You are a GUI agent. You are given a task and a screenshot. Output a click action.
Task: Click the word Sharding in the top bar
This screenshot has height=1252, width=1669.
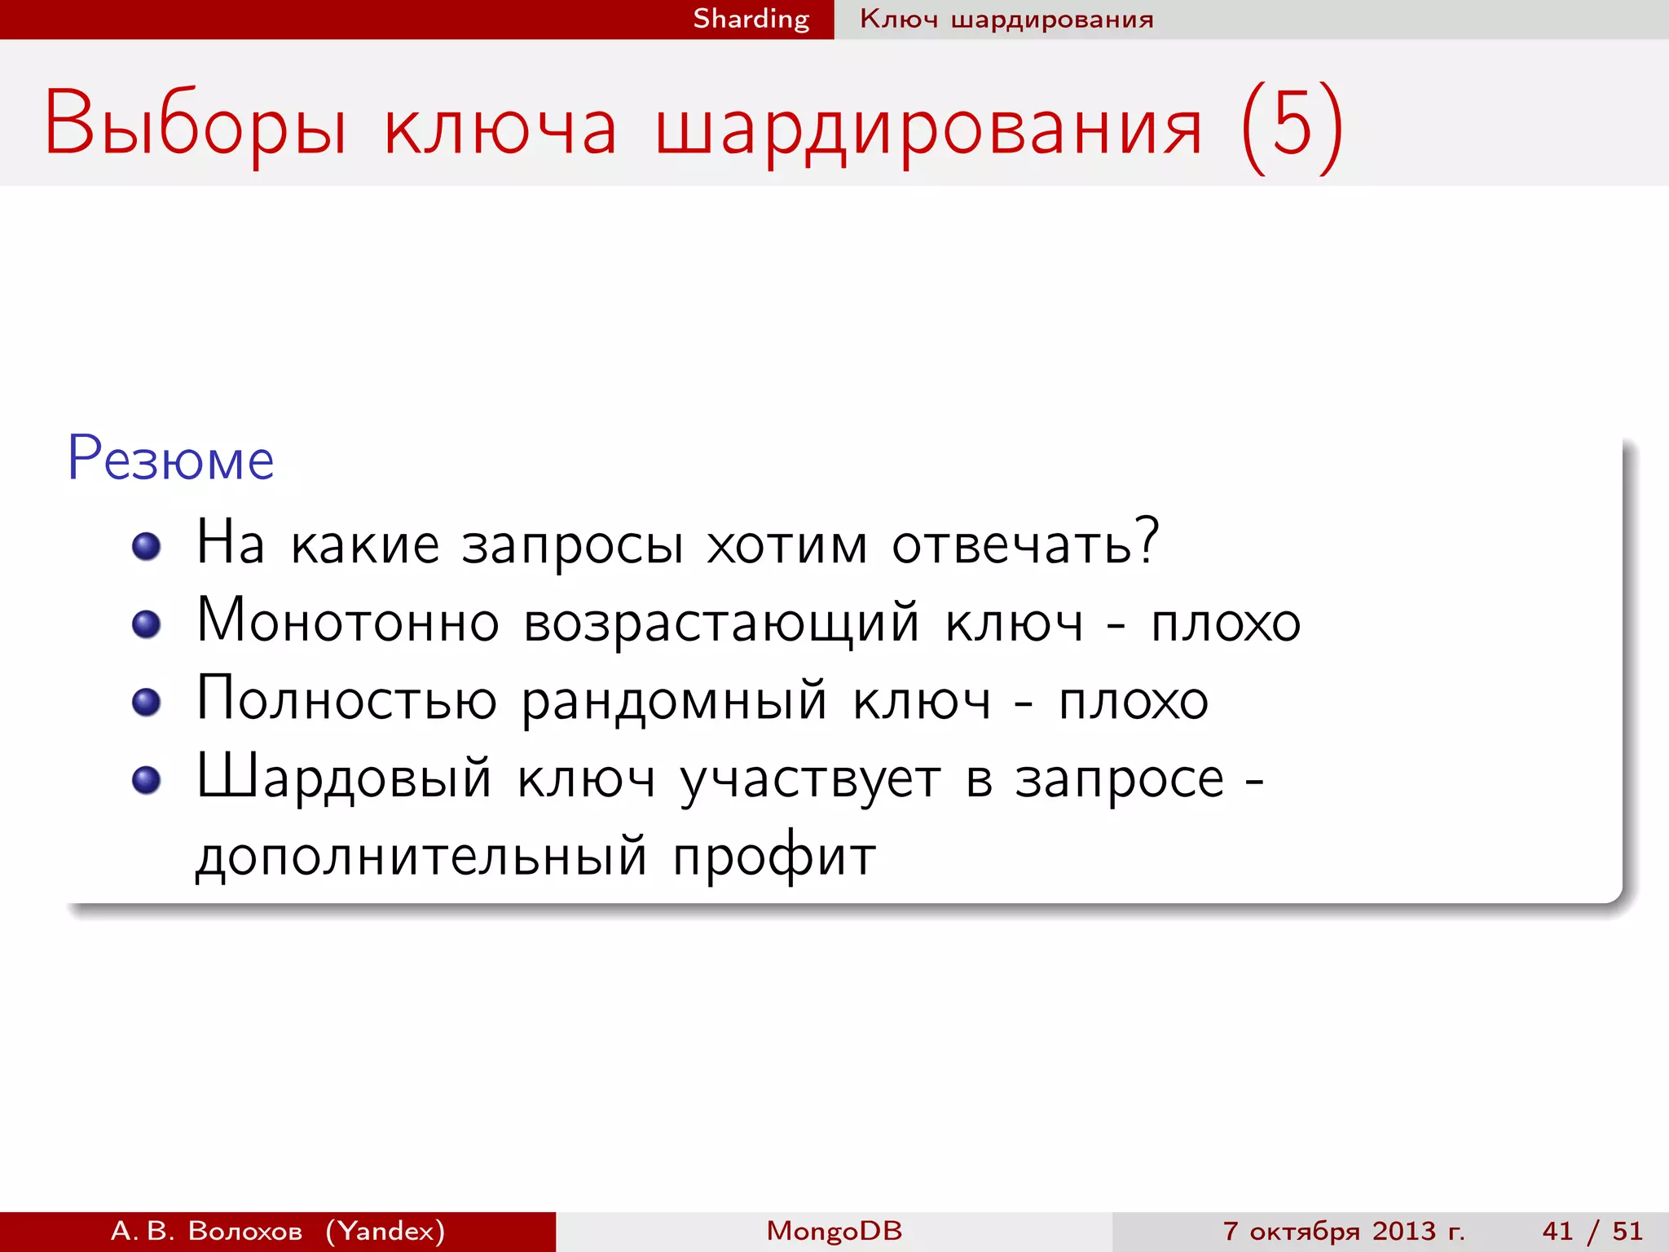pos(751,19)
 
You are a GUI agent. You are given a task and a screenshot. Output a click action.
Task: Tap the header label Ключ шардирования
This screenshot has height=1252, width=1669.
pos(1006,19)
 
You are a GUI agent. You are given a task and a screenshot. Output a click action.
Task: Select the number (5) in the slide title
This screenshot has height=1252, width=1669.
pos(1292,126)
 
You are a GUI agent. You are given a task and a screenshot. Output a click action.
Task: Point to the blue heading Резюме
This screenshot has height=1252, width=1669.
pos(170,460)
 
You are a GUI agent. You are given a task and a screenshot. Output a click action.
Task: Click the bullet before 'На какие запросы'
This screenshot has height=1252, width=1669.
pos(147,546)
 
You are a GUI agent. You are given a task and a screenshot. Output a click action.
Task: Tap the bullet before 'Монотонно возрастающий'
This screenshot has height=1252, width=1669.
pos(147,624)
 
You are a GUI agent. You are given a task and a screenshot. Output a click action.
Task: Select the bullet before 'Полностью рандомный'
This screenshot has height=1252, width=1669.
pos(147,702)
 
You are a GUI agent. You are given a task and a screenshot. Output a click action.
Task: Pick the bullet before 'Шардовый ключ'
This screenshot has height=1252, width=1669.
pos(147,780)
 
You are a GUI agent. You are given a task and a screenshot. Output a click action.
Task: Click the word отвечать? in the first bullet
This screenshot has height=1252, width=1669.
pos(1025,544)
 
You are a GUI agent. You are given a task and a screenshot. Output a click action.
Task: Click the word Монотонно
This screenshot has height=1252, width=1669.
pos(348,622)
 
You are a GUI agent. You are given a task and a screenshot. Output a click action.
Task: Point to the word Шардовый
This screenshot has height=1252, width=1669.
pos(345,778)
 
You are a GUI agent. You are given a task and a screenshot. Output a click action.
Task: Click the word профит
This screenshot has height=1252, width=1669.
pos(774,857)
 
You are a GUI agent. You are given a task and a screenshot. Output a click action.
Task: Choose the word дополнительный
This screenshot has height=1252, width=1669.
pos(421,857)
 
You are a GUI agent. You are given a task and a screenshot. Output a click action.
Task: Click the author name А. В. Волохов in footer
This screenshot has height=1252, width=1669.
pos(206,1231)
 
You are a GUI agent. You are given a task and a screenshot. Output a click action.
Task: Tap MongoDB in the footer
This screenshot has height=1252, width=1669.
pos(834,1231)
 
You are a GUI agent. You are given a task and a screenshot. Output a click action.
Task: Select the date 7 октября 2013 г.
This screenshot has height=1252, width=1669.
pos(1344,1231)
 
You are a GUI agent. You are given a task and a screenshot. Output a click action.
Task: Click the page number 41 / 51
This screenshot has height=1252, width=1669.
pos(1592,1231)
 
